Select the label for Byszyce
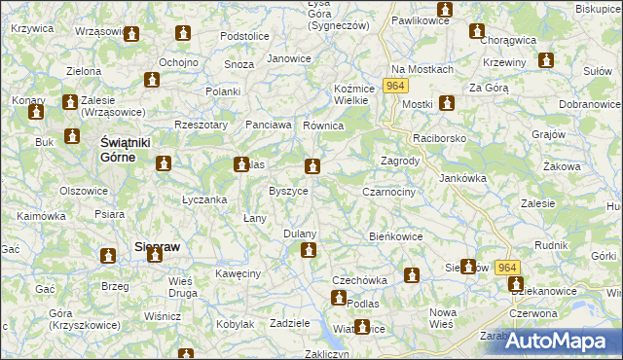288,191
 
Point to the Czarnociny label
389,192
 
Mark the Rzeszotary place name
200,125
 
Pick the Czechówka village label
359,280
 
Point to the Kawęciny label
239,273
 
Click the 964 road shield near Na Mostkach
393,87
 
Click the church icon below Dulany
309,251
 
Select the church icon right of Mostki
447,103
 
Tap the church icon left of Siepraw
109,256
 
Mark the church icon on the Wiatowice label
362,328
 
